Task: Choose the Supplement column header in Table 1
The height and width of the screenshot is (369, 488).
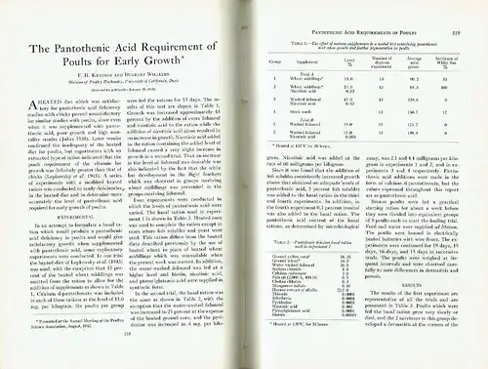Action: [305, 56]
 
